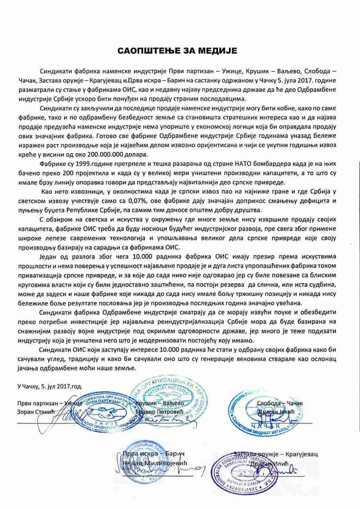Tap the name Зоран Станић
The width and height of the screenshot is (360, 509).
click(x=35, y=412)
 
